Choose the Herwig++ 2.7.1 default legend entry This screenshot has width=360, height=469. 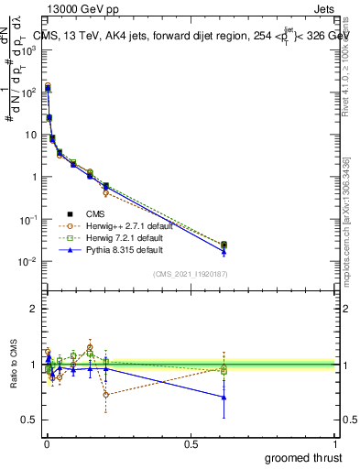[119, 225]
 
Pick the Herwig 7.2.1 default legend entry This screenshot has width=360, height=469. [119, 237]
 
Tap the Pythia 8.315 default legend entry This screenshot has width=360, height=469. [119, 249]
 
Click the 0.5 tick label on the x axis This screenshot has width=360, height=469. [191, 443]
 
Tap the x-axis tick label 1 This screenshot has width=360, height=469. [335, 443]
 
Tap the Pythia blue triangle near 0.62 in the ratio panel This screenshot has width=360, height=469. [224, 397]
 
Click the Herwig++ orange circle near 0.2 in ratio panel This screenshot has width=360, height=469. [106, 395]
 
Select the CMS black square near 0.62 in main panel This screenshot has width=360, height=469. [224, 245]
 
